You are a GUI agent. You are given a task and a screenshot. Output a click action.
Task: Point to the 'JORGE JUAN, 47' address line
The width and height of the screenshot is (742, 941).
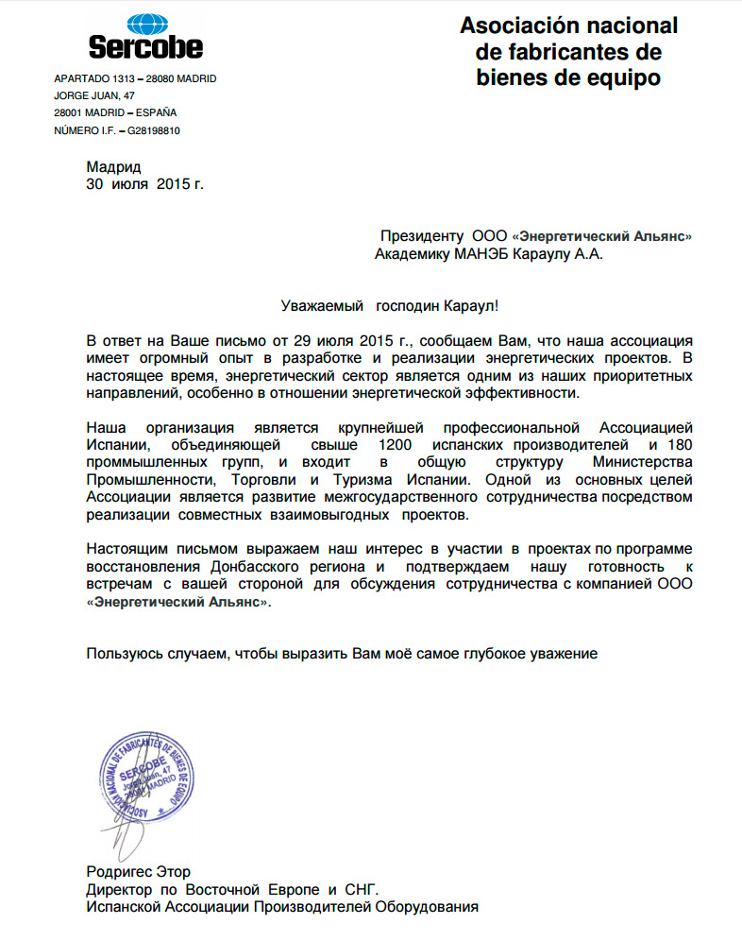click(94, 96)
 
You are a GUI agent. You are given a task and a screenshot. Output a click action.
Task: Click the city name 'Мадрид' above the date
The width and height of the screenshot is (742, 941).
click(113, 166)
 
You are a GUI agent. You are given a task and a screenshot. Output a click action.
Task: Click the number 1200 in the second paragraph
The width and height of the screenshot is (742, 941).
click(396, 444)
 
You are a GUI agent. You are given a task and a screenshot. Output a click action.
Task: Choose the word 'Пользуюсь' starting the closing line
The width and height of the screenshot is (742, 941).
click(122, 653)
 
